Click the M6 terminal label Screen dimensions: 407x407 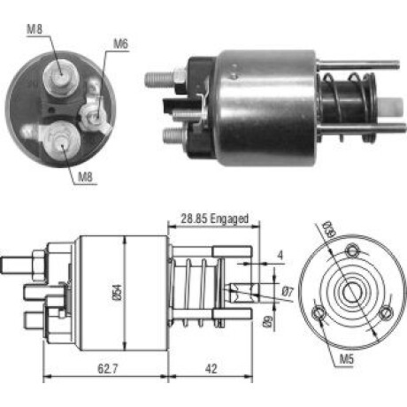121,44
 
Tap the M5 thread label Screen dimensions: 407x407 347,359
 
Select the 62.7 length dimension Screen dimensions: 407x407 108,368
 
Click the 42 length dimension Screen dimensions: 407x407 211,369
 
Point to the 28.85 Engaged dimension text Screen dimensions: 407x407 214,219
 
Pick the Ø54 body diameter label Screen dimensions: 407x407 118,292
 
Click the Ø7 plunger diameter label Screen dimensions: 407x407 288,292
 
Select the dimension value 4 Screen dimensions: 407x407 280,255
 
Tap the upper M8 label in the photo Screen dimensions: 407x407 35,29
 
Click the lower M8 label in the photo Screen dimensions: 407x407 85,177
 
